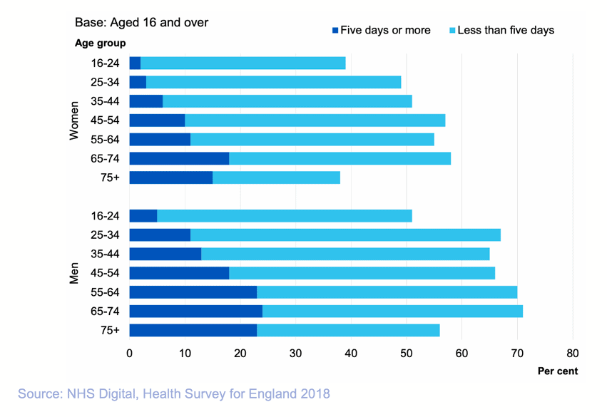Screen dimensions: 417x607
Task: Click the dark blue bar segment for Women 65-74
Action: pyautogui.click(x=179, y=158)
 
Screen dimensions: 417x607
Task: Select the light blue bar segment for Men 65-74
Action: pyautogui.click(x=392, y=311)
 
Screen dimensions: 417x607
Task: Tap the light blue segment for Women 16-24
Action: pyautogui.click(x=243, y=63)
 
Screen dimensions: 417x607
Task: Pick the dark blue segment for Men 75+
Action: pyautogui.click(x=193, y=330)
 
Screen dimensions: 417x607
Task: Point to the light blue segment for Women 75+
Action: pyautogui.click(x=276, y=177)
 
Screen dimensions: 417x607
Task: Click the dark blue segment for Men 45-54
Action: pyautogui.click(x=179, y=273)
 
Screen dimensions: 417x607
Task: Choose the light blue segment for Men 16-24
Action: pyautogui.click(x=284, y=215)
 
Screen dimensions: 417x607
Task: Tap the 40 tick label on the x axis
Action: pyautogui.click(x=350, y=353)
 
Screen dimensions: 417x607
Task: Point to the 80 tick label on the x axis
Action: pyautogui.click(x=572, y=353)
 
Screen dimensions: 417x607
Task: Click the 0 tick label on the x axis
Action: pyautogui.click(x=129, y=353)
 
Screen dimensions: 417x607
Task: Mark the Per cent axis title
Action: pyautogui.click(x=558, y=371)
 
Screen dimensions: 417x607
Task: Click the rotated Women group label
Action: pyautogui.click(x=73, y=120)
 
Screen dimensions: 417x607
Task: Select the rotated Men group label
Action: pyautogui.click(x=73, y=273)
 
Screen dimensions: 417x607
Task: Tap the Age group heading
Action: pyautogui.click(x=101, y=43)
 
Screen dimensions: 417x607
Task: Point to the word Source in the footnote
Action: pyautogui.click(x=40, y=393)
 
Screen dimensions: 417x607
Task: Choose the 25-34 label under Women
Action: pyautogui.click(x=105, y=82)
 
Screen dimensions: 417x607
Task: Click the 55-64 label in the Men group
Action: pyautogui.click(x=105, y=292)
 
